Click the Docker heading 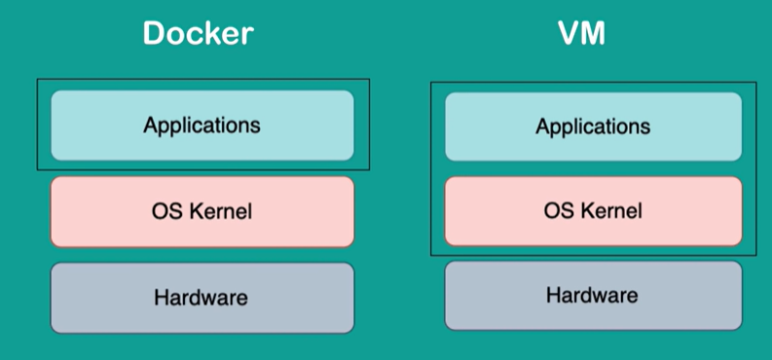pos(198,33)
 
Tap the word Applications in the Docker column pos(202,126)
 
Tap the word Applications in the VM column pos(593,126)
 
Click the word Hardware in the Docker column pos(201,298)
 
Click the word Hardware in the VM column pos(592,295)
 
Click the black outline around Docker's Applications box pos(37,125)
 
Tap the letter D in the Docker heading pos(154,33)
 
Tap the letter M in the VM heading pos(593,33)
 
